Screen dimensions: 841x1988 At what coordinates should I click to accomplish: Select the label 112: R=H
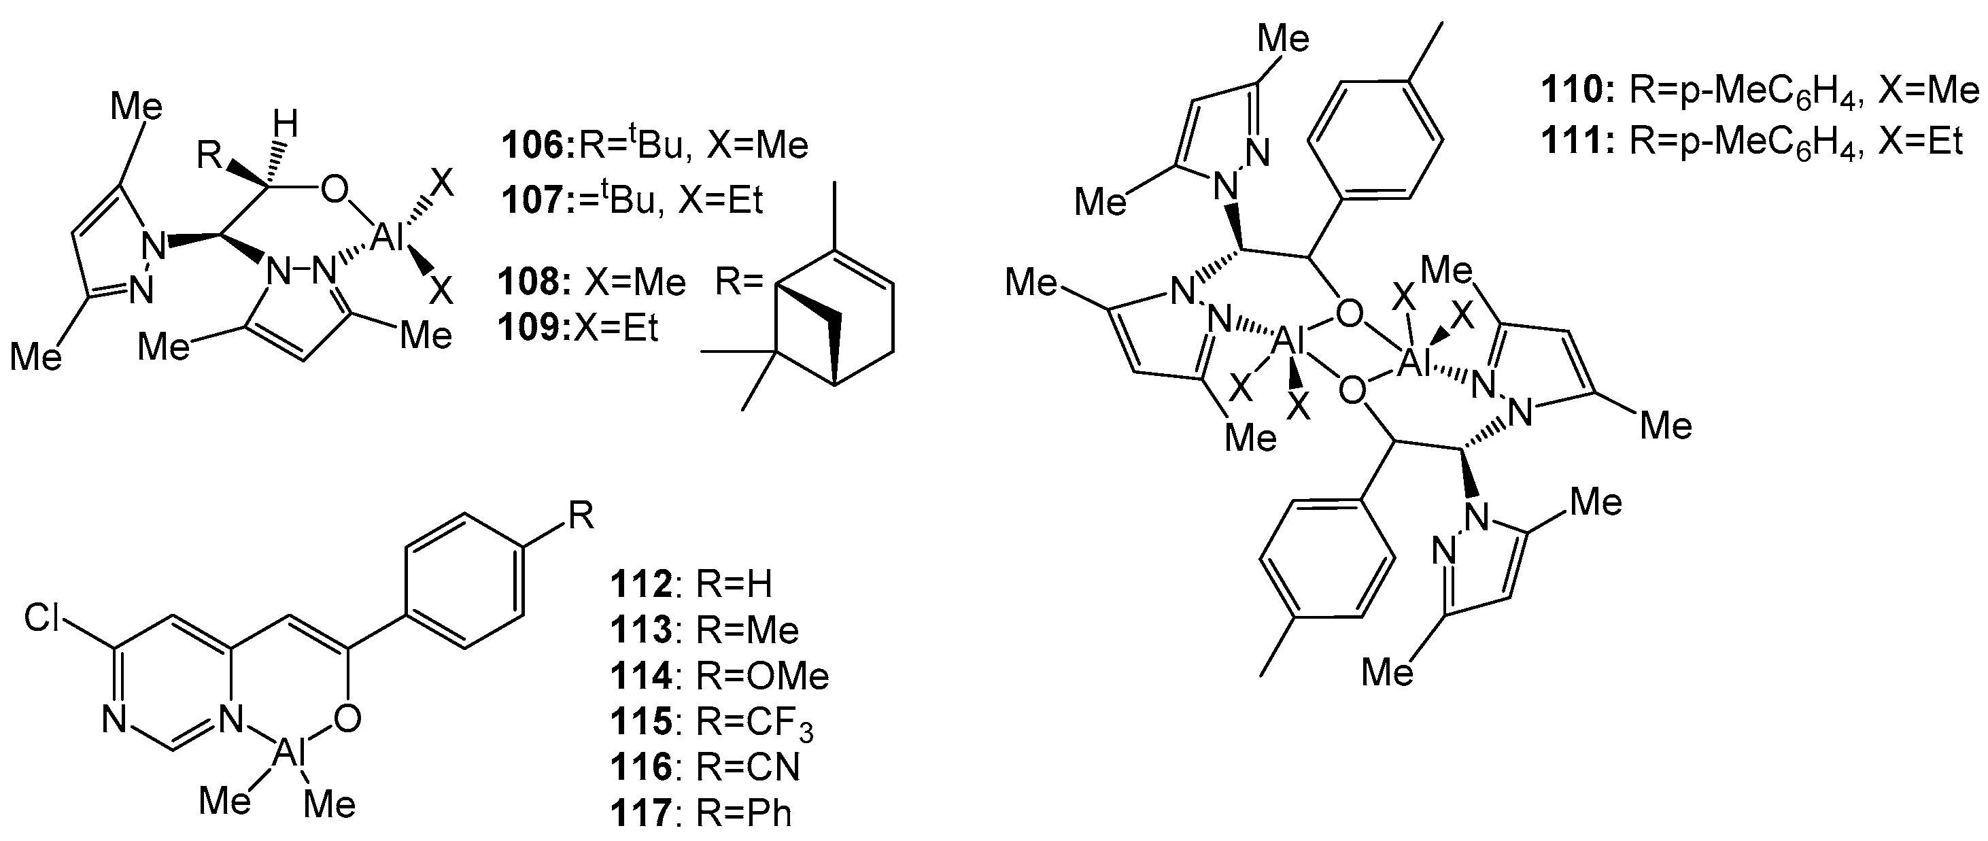691,584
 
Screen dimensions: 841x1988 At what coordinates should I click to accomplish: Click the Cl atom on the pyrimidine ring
41,617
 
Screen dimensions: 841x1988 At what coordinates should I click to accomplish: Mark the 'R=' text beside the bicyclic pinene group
738,281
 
